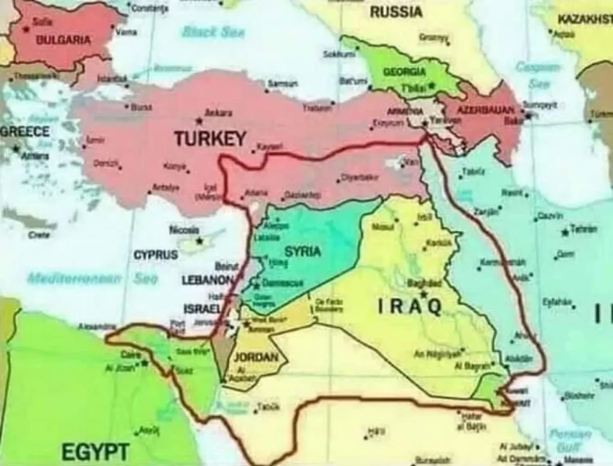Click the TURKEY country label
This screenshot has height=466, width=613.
pos(211,138)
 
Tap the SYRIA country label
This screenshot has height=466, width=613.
pos(302,251)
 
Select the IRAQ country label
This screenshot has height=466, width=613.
pos(410,306)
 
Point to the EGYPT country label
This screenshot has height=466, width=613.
pos(95,449)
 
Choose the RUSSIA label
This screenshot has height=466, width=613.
pos(396,12)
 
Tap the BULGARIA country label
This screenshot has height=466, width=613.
pos(64,39)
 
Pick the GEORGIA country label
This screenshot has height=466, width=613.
pos(404,71)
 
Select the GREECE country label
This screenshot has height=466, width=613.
pos(24,132)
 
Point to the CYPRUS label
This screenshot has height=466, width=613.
pos(156,254)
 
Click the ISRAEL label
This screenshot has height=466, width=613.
pos(202,309)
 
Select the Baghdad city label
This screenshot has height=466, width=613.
pos(424,283)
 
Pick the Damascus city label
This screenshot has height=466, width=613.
pos(281,283)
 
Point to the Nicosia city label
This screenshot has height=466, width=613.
pos(185,229)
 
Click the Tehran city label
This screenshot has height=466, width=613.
pos(583,229)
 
